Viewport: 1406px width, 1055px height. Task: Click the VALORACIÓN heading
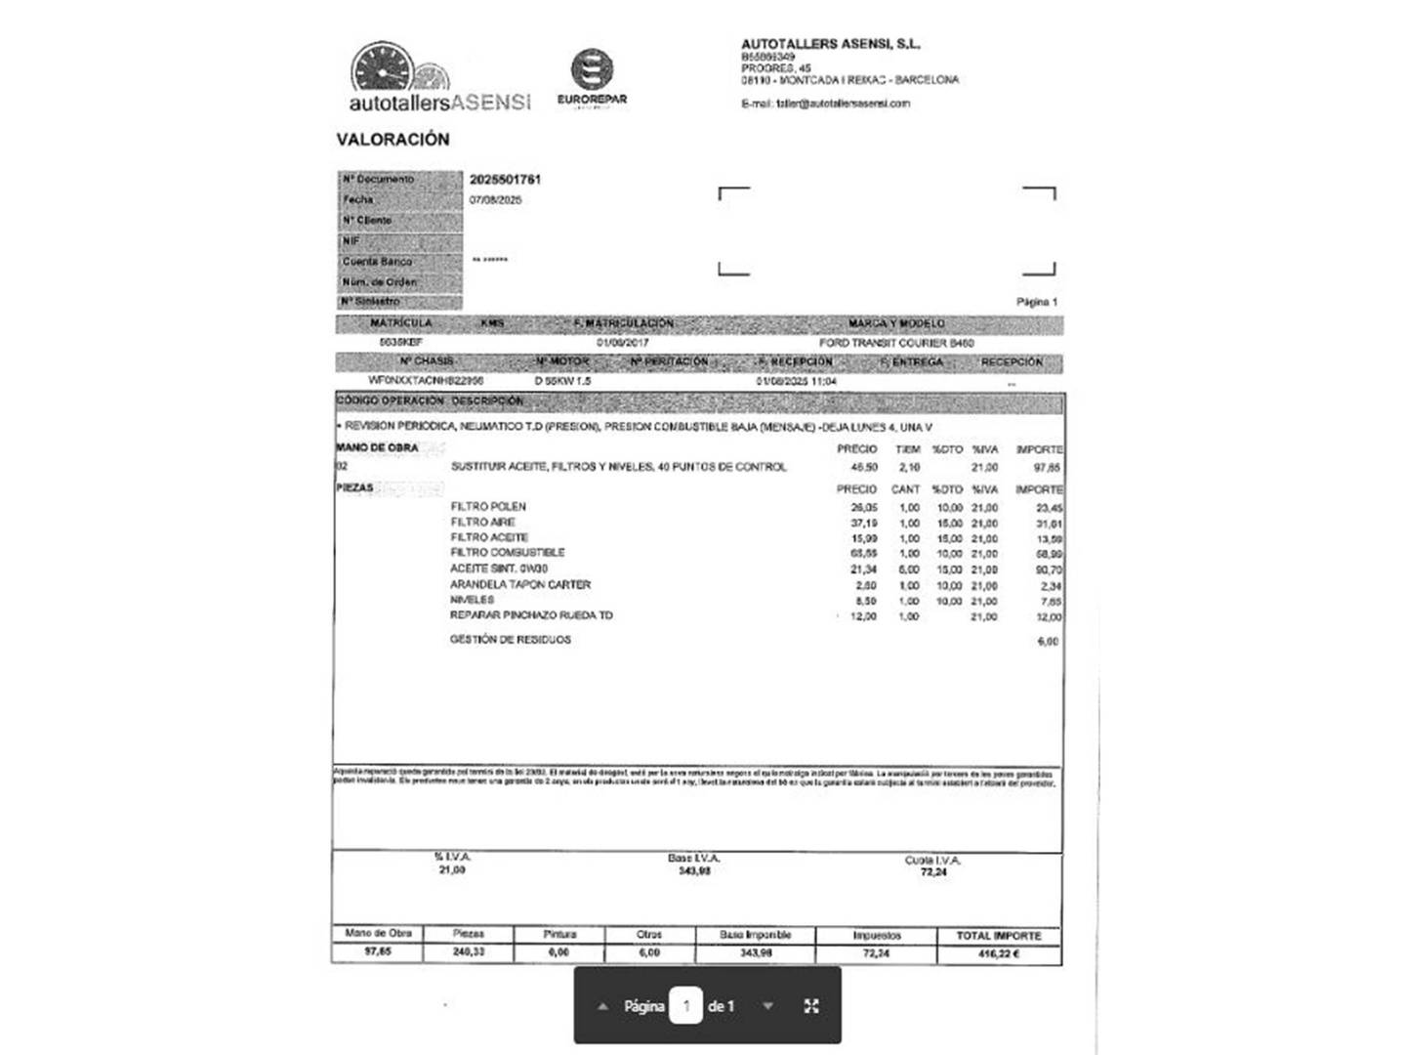[393, 140]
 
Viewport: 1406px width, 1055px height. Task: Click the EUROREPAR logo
[592, 76]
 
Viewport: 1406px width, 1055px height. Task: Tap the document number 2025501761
[505, 180]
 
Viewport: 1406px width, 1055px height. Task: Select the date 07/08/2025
[495, 200]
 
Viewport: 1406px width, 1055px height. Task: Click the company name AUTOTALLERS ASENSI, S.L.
[830, 44]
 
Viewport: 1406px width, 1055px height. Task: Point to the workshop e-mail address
[825, 104]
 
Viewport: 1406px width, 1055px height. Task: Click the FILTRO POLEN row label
[488, 506]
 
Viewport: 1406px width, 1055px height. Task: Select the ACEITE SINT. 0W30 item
[499, 569]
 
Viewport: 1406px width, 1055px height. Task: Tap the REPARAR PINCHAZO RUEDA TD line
[531, 615]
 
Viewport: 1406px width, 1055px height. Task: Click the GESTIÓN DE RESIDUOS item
[511, 640]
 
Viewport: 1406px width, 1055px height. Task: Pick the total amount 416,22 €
[998, 953]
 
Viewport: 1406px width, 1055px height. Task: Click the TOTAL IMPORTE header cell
[998, 936]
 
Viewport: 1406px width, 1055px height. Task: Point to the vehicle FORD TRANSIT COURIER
[896, 343]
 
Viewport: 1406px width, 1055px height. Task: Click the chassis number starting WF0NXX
[426, 381]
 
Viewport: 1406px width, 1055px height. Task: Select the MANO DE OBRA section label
[377, 448]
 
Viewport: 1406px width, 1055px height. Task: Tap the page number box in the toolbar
[685, 1006]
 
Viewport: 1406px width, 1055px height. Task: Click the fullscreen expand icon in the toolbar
[811, 1006]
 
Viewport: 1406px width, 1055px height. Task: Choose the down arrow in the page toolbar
[768, 1006]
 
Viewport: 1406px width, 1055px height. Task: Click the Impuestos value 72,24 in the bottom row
[876, 953]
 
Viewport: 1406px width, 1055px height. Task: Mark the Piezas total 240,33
[469, 952]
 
